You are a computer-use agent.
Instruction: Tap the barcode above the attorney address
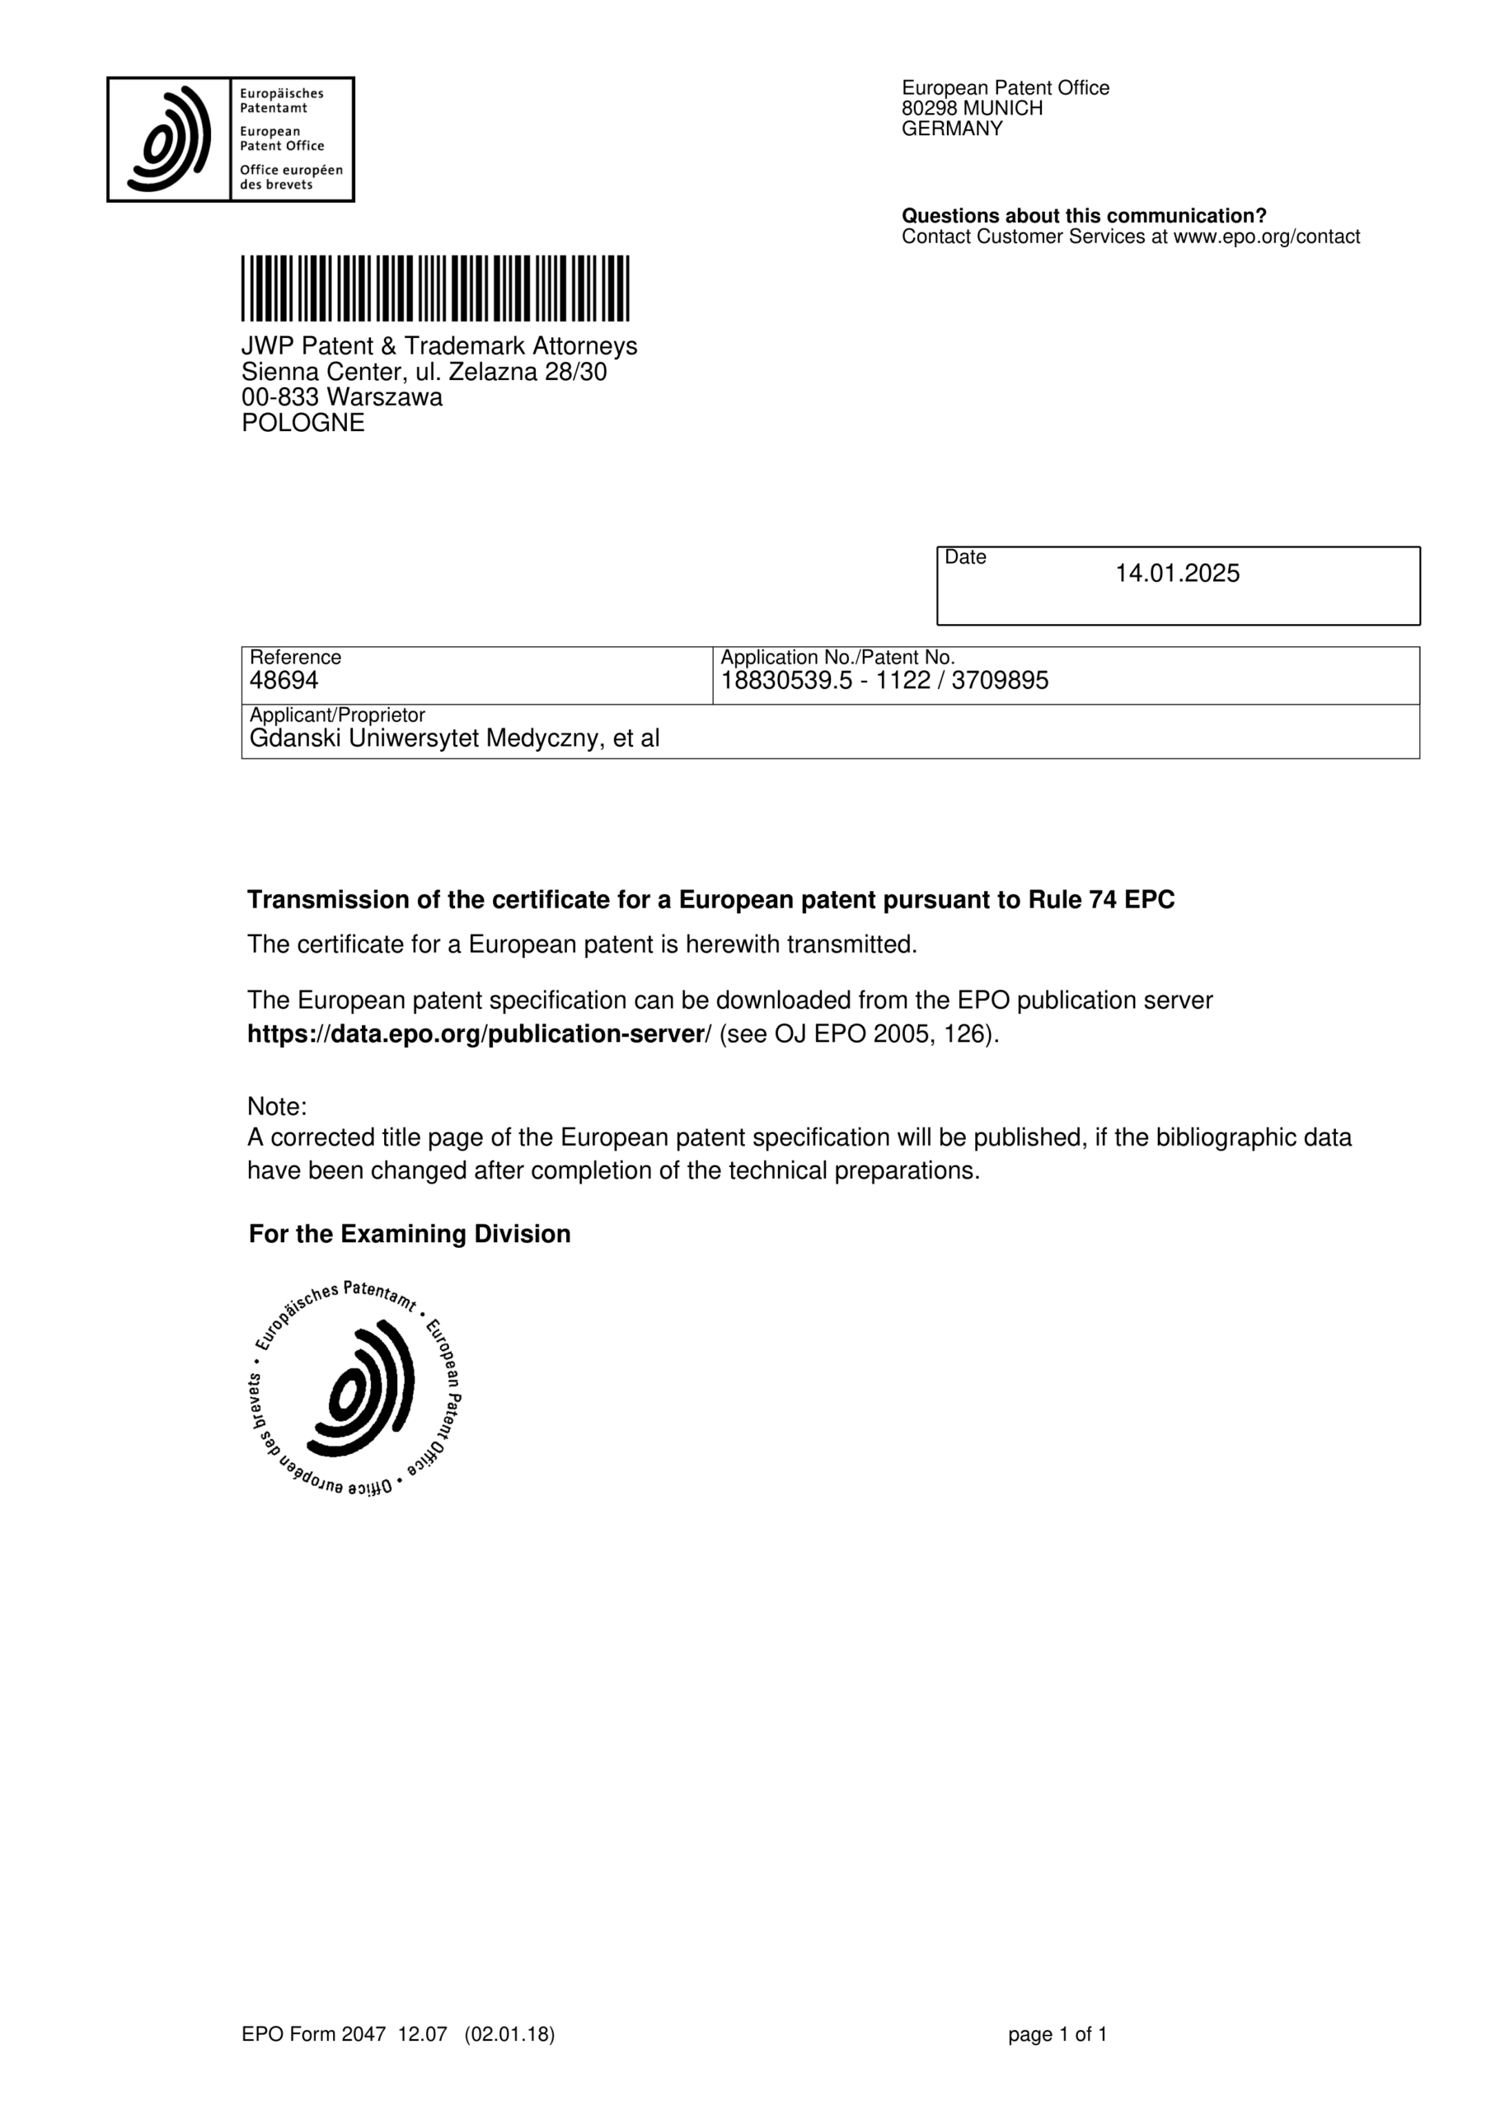point(435,288)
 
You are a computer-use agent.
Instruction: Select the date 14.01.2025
point(1177,574)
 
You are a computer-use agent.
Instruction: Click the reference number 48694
point(284,681)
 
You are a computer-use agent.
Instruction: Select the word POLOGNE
point(302,423)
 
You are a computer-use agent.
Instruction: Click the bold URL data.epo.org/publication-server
point(476,1034)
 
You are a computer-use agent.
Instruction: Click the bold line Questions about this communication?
point(1083,216)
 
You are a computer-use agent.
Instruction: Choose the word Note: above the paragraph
point(277,1105)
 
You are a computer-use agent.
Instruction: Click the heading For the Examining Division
point(409,1234)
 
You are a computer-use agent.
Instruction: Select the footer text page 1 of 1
point(1057,2061)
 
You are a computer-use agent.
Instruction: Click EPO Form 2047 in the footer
point(313,2061)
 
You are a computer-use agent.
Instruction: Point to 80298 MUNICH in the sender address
point(972,109)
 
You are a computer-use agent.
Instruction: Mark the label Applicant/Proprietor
point(337,715)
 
